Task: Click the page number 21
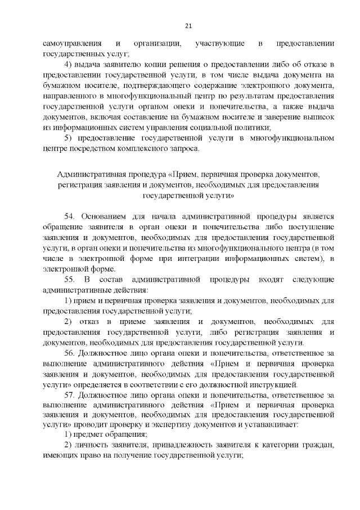(188, 25)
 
